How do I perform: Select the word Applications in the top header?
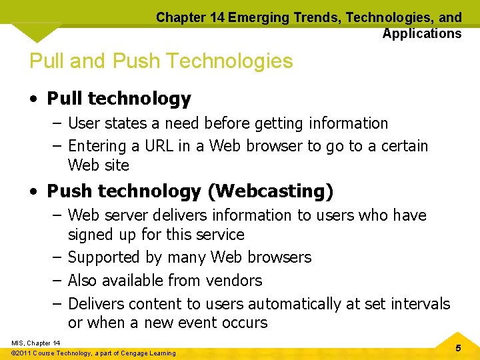coord(421,33)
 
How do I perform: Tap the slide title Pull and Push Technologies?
coord(161,61)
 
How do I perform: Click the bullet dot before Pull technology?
coord(33,100)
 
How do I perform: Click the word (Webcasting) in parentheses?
coord(270,191)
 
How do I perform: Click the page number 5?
coord(457,348)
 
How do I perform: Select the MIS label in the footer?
coord(18,343)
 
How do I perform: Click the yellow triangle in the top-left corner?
coord(37,30)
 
